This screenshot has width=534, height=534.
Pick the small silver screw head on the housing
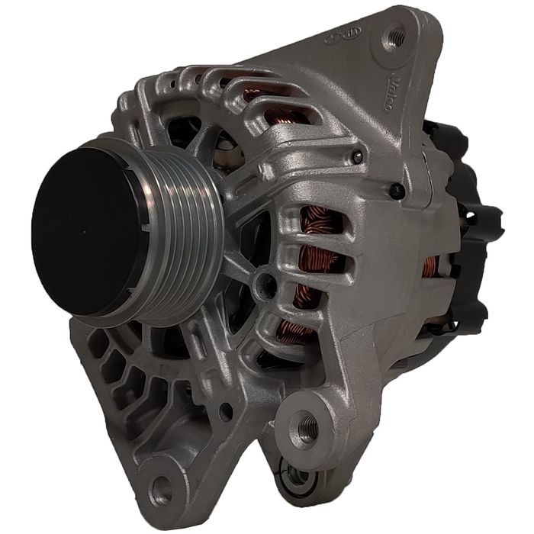356,157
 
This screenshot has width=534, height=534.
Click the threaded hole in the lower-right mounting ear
307,426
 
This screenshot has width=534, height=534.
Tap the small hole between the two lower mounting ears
226,411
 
